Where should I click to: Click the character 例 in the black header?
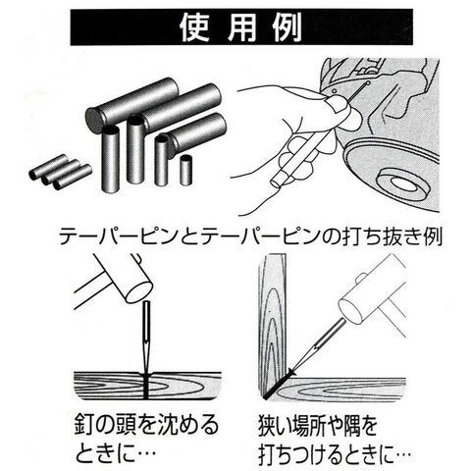point(288,27)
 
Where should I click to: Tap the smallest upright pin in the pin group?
point(185,170)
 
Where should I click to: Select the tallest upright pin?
point(111,159)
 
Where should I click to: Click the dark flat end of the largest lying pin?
point(95,121)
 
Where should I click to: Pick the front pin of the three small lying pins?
point(73,178)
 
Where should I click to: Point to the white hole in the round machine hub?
point(405,184)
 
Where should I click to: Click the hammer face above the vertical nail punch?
point(139,292)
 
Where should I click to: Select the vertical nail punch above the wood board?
point(146,337)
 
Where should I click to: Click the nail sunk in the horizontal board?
point(146,386)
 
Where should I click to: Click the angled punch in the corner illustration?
point(317,345)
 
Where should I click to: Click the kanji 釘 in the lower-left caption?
point(85,424)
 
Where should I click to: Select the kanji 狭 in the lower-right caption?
point(270,426)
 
